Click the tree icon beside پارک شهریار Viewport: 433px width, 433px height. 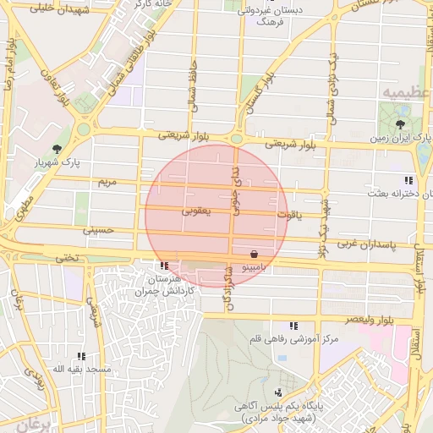click(x=57, y=149)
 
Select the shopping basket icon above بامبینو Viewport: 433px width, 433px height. click(x=255, y=254)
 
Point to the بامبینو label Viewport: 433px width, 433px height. click(x=255, y=266)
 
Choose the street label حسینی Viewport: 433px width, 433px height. click(x=96, y=229)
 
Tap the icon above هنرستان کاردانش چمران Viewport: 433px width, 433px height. click(x=163, y=266)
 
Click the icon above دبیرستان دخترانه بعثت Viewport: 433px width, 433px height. click(x=408, y=180)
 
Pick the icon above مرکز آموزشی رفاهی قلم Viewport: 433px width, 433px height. click(x=293, y=326)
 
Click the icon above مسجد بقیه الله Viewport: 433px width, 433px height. click(x=81, y=357)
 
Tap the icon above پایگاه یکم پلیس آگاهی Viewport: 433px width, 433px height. click(x=278, y=392)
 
